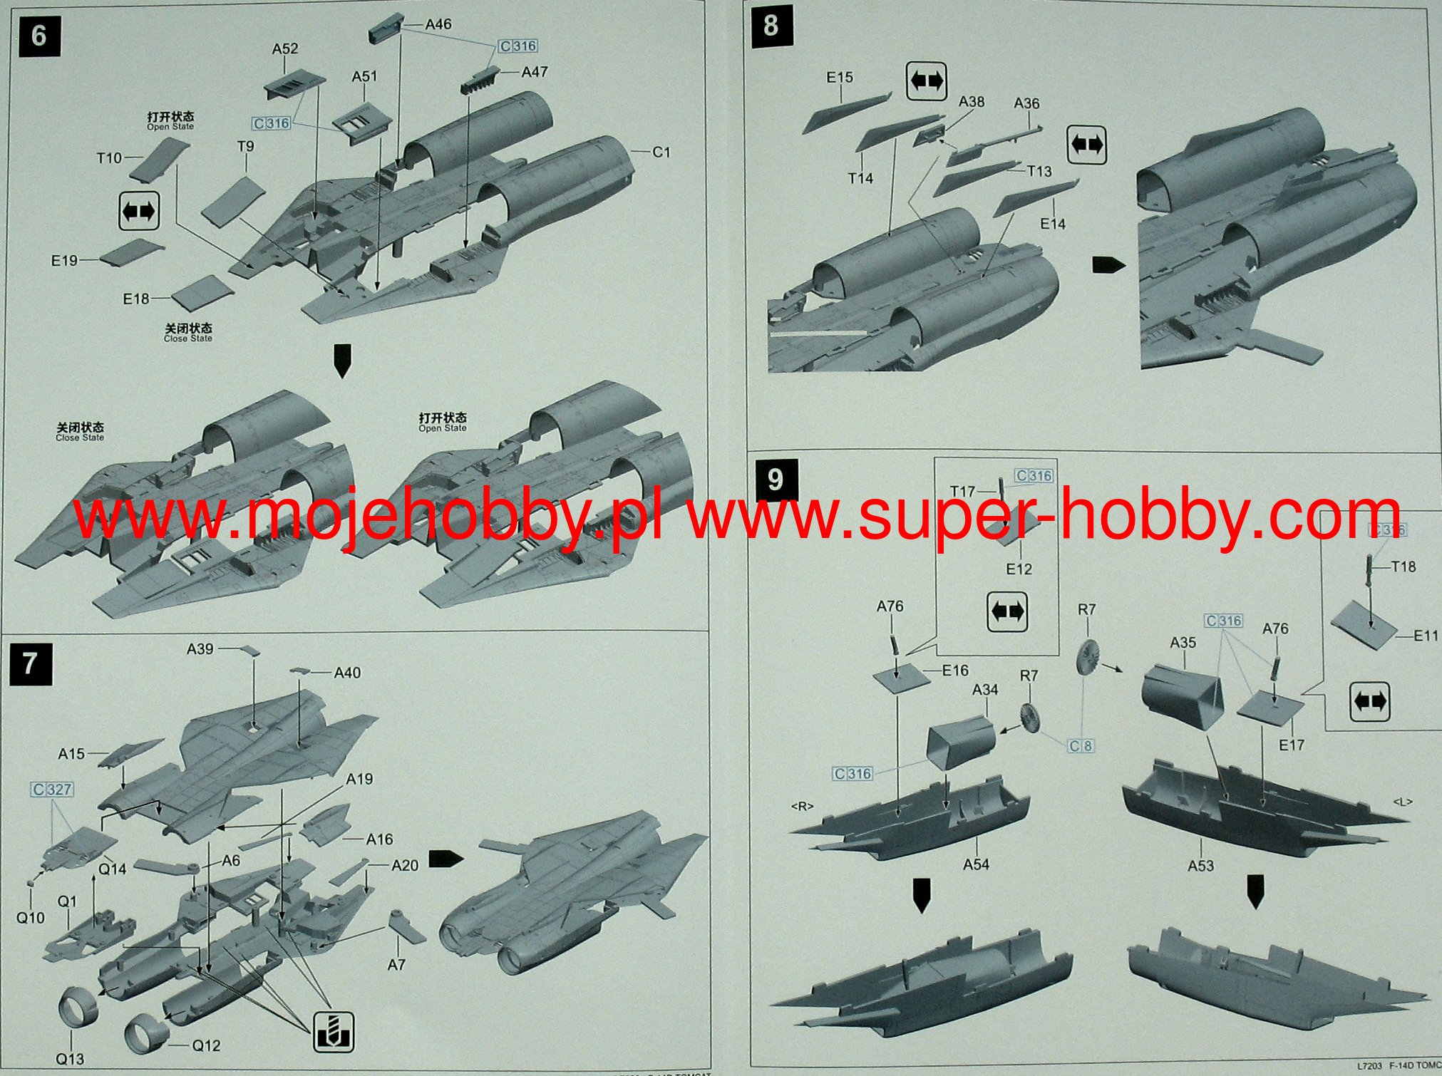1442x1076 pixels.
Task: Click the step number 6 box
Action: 38,36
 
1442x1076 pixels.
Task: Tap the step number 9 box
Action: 775,480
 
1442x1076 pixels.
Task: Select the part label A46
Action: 438,24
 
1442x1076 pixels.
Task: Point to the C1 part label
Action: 661,152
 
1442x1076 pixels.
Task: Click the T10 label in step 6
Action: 109,157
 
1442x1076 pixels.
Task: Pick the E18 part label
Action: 136,299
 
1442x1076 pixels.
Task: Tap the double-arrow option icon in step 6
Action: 138,212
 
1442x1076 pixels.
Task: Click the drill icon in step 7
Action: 334,1031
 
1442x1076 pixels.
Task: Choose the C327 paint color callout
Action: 52,790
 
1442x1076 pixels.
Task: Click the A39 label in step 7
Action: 200,648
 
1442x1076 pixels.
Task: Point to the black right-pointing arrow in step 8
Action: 1108,265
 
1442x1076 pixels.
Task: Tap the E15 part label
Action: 840,77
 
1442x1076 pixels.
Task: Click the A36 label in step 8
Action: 1026,103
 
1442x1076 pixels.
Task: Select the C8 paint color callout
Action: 1080,746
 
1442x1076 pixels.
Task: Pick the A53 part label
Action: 1200,865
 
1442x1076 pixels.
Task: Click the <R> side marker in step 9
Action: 802,806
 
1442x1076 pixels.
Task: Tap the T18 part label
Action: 1403,567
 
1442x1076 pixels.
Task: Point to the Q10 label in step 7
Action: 30,918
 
